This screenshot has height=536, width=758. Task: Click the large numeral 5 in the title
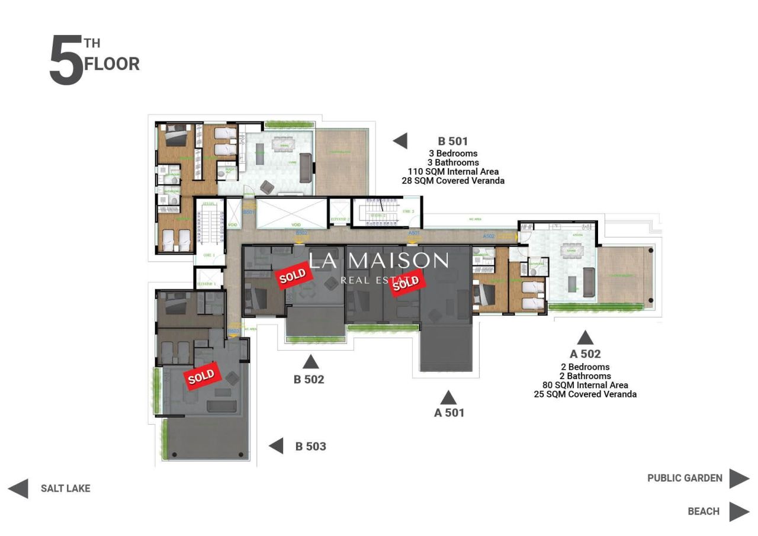click(66, 61)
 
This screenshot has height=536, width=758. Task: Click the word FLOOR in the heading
click(112, 64)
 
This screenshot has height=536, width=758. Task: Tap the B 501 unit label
click(452, 141)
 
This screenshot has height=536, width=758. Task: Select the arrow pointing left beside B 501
click(400, 141)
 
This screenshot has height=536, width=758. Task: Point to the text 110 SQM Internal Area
click(452, 172)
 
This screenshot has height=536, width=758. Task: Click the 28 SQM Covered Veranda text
click(452, 181)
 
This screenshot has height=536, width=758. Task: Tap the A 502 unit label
click(585, 354)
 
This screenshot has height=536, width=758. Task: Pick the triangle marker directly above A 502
click(585, 338)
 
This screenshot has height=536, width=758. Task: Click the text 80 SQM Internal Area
click(585, 385)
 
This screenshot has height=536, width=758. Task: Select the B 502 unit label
click(309, 380)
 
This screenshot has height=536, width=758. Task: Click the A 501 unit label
click(449, 413)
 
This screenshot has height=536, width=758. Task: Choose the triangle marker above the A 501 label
click(448, 397)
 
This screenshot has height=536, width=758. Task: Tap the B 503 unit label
click(310, 447)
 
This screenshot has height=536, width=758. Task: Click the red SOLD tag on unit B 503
click(201, 376)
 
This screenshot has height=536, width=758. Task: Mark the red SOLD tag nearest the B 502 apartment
click(293, 276)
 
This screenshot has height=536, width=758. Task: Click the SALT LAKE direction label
click(65, 489)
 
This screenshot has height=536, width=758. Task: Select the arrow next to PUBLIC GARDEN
click(739, 478)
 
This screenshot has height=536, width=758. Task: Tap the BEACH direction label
click(704, 511)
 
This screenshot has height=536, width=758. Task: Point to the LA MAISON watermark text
click(378, 261)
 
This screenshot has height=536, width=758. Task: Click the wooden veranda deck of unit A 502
click(625, 275)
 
